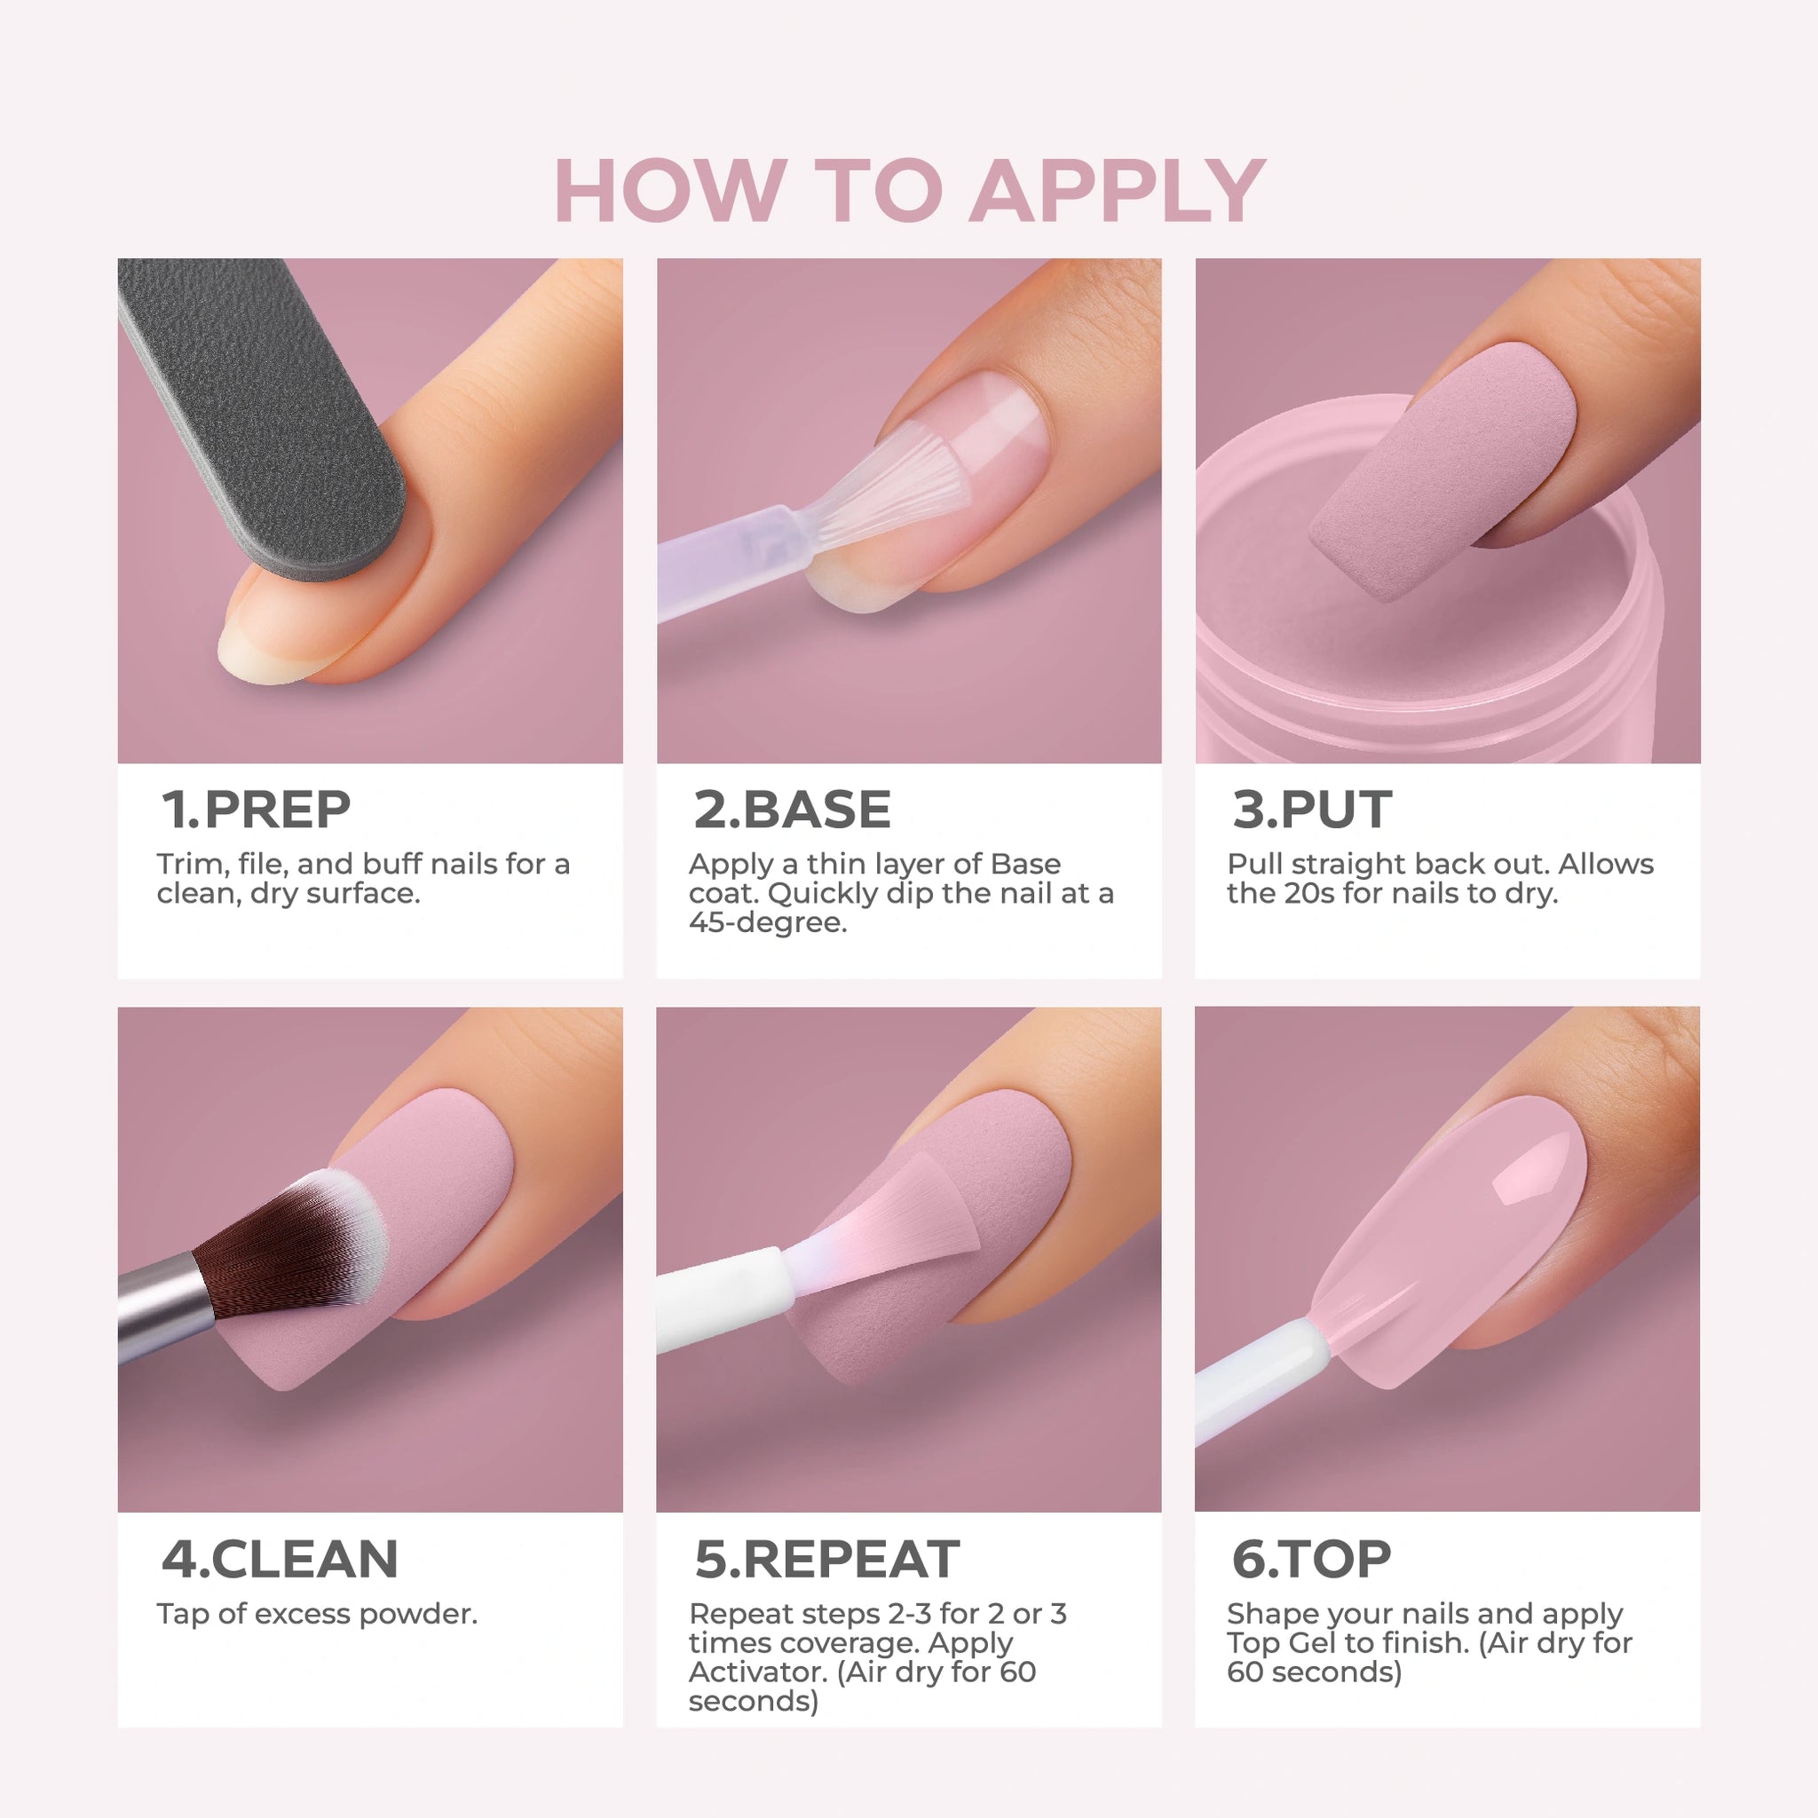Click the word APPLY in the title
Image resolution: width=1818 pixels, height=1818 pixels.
pyautogui.click(x=1118, y=190)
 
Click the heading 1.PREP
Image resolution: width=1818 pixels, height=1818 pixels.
pyautogui.click(x=256, y=810)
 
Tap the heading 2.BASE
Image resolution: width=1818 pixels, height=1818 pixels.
pyautogui.click(x=793, y=810)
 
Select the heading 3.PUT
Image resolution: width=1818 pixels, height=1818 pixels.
pyautogui.click(x=1312, y=810)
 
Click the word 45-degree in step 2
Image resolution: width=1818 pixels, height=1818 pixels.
pyautogui.click(x=768, y=923)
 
